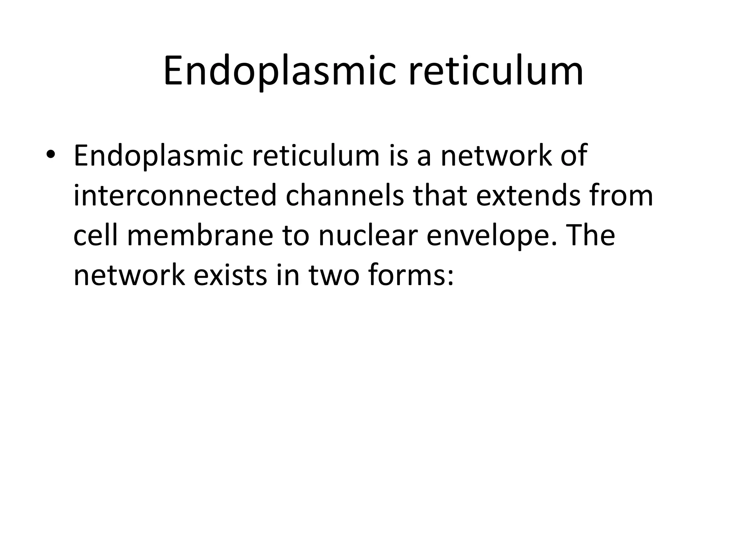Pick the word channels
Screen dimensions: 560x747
pyautogui.click(x=345, y=196)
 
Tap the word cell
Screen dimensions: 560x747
pyautogui.click(x=96, y=236)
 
